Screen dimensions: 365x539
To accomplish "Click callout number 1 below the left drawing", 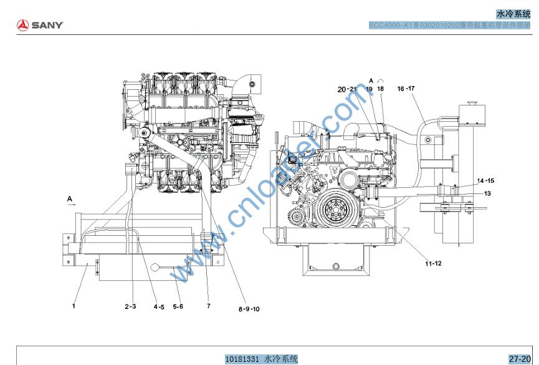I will pyautogui.click(x=74, y=306).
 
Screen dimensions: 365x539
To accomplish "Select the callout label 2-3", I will pyautogui.click(x=131, y=306).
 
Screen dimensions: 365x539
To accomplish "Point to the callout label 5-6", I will pyautogui.click(x=178, y=306).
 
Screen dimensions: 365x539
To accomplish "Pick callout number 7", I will pyautogui.click(x=209, y=306).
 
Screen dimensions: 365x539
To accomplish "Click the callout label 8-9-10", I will pyautogui.click(x=249, y=309).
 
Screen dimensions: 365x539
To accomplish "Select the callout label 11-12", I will pyautogui.click(x=434, y=263).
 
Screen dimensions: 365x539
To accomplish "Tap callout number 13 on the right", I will pyautogui.click(x=487, y=193).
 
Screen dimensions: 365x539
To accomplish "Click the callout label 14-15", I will pyautogui.click(x=485, y=180).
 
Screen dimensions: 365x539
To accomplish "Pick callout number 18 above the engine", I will pyautogui.click(x=381, y=89).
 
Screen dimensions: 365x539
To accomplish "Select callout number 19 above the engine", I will pyautogui.click(x=370, y=89).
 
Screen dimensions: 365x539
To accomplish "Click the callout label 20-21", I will pyautogui.click(x=346, y=89).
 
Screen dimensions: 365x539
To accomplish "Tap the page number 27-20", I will pyautogui.click(x=519, y=359).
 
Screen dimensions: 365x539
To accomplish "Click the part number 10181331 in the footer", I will pyautogui.click(x=244, y=359).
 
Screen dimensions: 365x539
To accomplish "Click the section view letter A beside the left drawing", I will pyautogui.click(x=70, y=198).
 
